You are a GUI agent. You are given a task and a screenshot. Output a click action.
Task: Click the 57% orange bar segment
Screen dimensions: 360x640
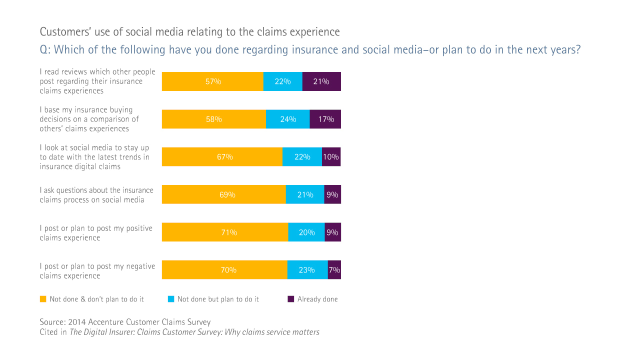click(212, 81)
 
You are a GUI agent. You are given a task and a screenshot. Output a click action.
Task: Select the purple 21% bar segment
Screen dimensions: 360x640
click(321, 81)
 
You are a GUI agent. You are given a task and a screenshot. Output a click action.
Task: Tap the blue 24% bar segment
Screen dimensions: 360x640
click(287, 119)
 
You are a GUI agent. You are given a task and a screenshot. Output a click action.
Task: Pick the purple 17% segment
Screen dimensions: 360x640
click(325, 119)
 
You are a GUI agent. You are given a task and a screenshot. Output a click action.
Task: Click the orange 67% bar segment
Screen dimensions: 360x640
click(222, 157)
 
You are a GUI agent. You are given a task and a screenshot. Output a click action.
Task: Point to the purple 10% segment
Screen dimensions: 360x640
click(331, 157)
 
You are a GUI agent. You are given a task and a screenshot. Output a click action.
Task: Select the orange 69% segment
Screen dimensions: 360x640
click(223, 194)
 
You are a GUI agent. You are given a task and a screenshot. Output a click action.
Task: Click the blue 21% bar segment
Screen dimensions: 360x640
click(305, 194)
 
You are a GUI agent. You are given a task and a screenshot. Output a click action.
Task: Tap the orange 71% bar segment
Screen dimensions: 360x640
click(225, 232)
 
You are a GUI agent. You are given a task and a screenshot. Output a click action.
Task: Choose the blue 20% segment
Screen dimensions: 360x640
click(306, 232)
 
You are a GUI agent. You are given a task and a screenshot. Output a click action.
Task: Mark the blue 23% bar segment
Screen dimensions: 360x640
click(307, 270)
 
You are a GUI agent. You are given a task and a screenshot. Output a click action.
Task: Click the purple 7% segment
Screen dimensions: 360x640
click(334, 270)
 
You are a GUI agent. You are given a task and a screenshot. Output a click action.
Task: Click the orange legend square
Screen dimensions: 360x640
click(43, 299)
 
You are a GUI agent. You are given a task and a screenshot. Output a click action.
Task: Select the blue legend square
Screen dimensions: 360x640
click(170, 299)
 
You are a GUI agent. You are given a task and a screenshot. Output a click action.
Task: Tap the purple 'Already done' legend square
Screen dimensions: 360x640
click(290, 299)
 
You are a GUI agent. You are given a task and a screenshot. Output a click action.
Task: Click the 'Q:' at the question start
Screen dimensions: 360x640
click(45, 50)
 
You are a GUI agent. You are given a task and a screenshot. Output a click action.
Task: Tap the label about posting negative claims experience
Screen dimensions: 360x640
click(97, 271)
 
